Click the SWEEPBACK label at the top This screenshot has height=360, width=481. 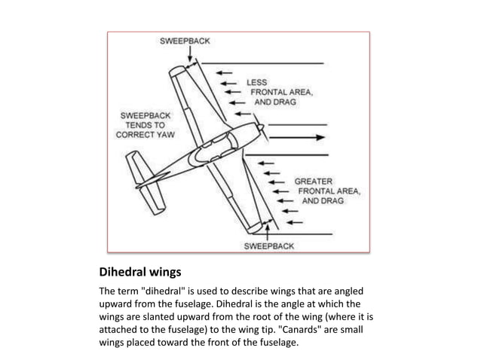click(184, 41)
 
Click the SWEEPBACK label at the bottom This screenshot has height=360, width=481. click(268, 246)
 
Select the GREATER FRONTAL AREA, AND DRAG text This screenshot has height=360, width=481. click(326, 191)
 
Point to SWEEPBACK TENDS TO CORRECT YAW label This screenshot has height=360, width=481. click(146, 125)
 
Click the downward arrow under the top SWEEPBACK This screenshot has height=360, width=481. click(184, 55)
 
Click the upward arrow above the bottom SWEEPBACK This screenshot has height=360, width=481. click(268, 231)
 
